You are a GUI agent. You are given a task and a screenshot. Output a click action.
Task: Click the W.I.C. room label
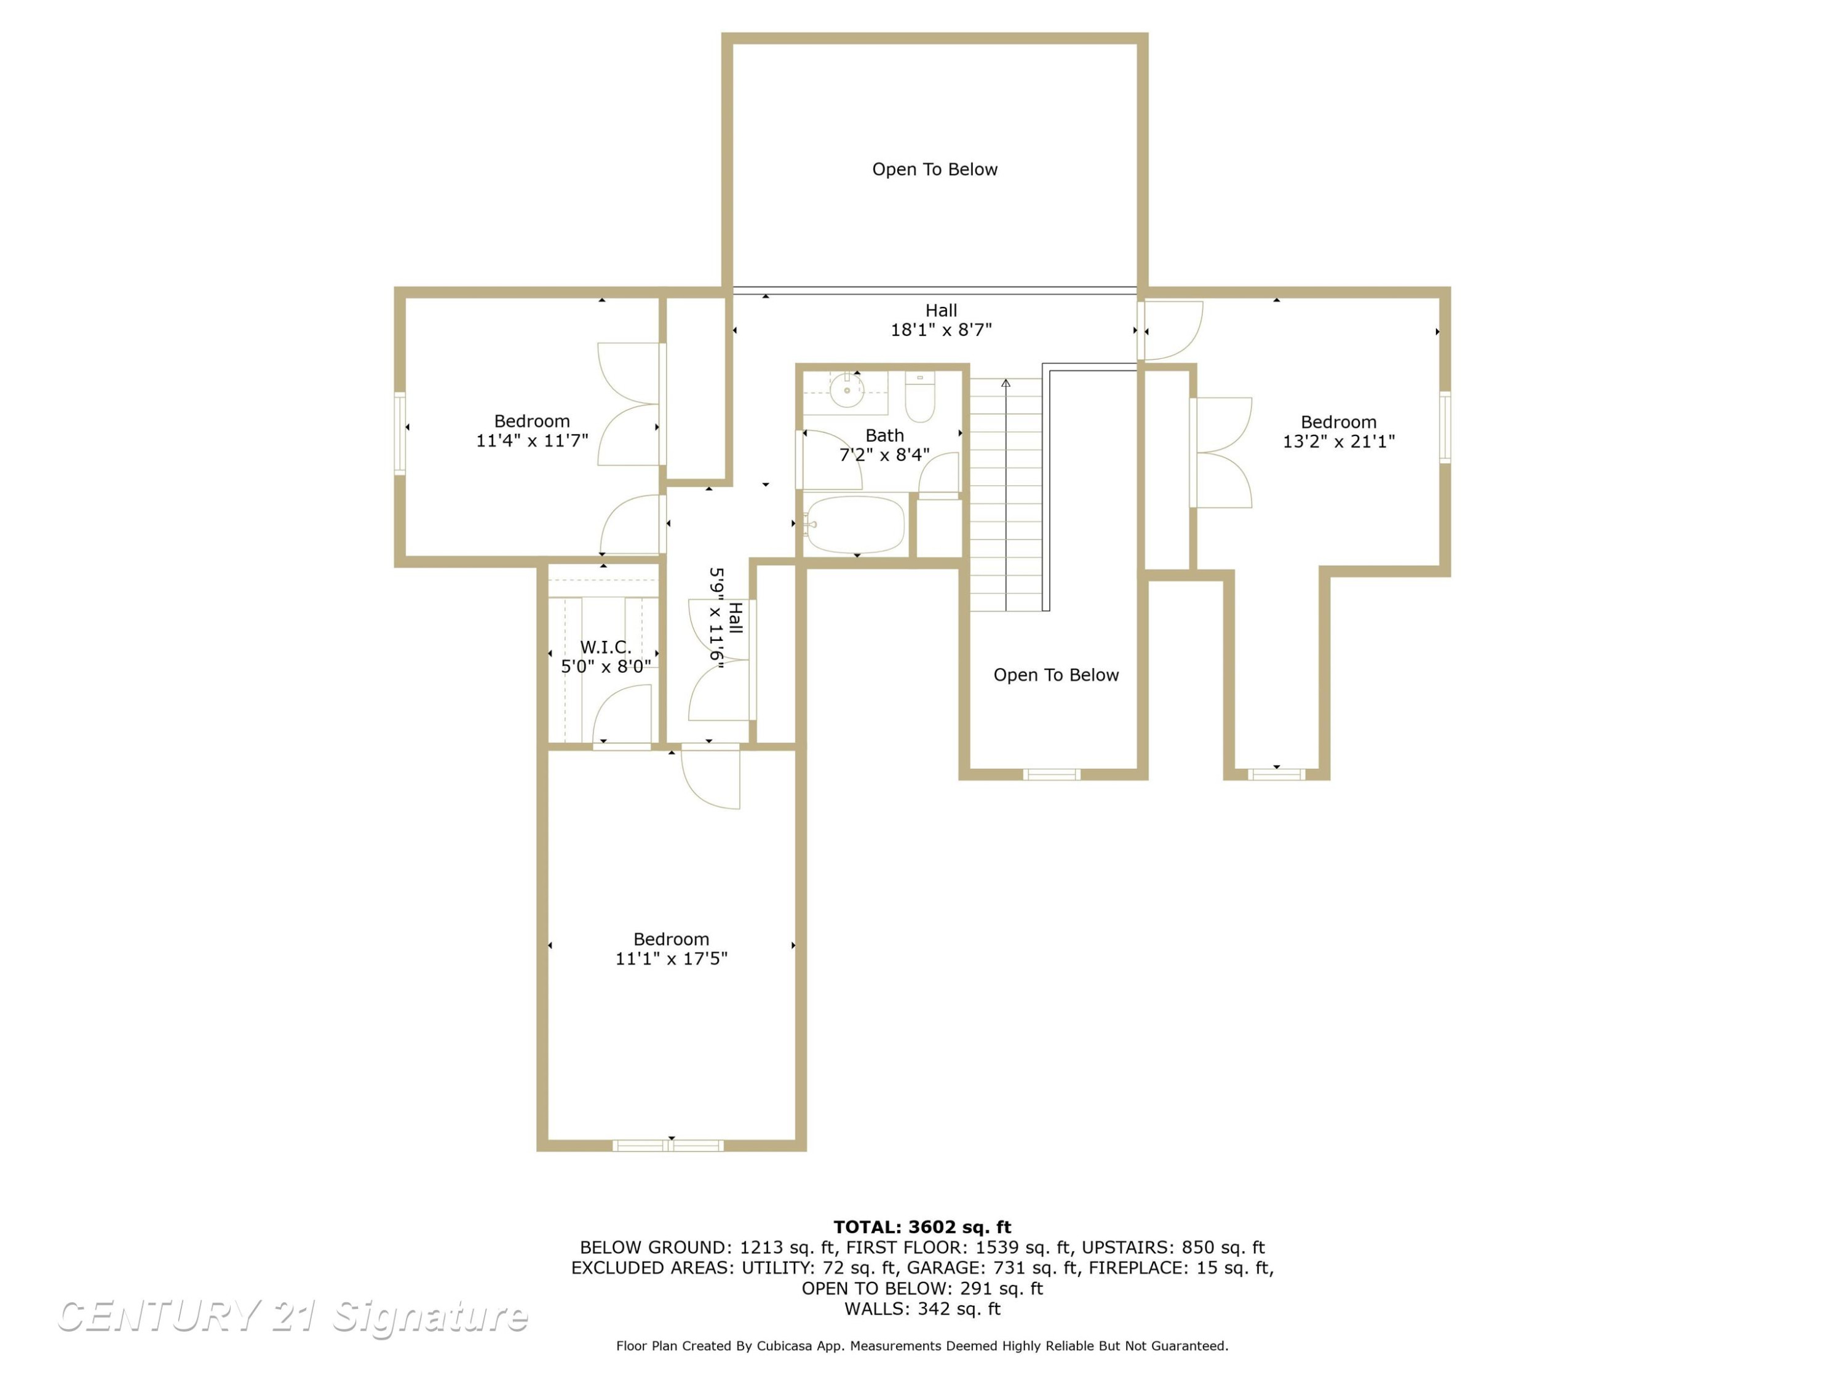coord(606,646)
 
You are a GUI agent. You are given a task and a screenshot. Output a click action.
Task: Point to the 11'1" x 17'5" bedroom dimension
coord(672,958)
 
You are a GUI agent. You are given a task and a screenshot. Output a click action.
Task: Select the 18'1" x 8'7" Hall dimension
coord(941,330)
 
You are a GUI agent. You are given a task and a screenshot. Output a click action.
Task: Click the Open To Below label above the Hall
coord(935,169)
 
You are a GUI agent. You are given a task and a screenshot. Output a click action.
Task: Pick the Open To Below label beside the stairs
coord(1056,675)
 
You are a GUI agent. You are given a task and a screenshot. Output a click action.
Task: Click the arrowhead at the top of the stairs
coord(1006,383)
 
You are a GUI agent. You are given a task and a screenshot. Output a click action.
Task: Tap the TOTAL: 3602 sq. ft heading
coord(922,1227)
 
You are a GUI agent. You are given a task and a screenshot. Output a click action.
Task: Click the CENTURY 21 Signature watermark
coord(292,1316)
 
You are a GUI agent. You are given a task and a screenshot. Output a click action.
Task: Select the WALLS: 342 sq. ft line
coord(922,1309)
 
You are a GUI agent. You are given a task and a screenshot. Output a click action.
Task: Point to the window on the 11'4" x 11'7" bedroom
coord(400,434)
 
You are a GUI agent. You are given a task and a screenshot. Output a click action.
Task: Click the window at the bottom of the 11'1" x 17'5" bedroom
coord(668,1145)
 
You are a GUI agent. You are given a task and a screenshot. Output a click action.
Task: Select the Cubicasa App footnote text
coord(922,1346)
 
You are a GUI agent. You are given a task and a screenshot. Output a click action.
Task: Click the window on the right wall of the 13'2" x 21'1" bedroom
coord(1445,426)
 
